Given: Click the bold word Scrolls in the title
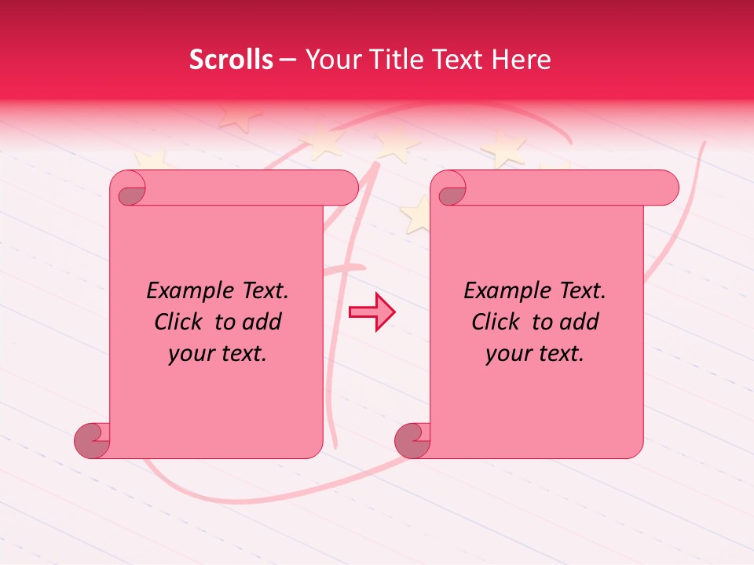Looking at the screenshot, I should coord(231,60).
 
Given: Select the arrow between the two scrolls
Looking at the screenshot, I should coord(372,312).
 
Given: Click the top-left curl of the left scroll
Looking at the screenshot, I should coord(130,192).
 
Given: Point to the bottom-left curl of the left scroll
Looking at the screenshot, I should coord(91,441).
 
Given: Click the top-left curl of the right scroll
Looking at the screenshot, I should coord(451,192).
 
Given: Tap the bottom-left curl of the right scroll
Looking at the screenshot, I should coord(412,441).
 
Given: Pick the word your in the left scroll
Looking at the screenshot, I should coord(190,354).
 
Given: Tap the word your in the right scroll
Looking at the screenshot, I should coord(507,354).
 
